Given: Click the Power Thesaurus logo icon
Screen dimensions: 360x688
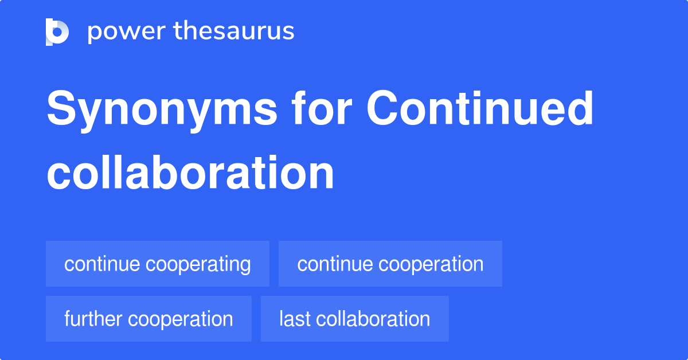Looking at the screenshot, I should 57,32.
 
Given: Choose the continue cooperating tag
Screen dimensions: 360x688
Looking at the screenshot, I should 157,264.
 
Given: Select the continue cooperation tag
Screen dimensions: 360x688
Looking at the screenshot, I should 390,264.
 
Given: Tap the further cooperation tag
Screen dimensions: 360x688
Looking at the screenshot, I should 148,319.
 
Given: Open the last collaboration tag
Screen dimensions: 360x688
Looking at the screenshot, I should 354,319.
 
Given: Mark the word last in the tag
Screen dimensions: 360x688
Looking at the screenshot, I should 292,319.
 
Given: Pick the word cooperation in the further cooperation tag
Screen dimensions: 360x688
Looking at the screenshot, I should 182,319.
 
